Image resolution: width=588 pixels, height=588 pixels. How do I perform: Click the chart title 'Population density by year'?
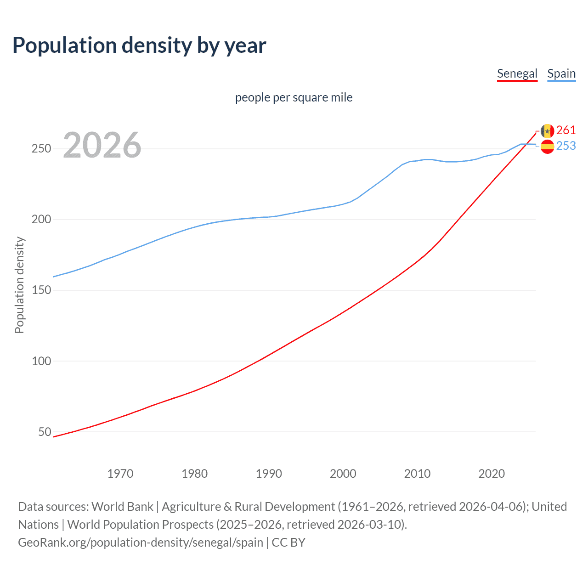[139, 45]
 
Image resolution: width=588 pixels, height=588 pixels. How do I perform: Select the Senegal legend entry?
[517, 73]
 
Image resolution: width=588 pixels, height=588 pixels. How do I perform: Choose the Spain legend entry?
[561, 73]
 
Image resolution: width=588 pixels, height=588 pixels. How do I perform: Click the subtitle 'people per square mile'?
[294, 97]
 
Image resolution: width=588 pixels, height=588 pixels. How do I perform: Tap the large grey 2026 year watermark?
[102, 145]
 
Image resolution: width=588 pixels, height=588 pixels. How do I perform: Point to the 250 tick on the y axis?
[41, 149]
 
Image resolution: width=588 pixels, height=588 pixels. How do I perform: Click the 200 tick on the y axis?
[41, 220]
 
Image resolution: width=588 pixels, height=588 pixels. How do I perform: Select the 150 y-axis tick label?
[41, 290]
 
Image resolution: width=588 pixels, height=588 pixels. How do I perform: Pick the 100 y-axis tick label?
[41, 361]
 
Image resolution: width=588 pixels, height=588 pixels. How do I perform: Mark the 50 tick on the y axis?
[45, 432]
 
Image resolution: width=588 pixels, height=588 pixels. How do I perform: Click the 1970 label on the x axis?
[120, 474]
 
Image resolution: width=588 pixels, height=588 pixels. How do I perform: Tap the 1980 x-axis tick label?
[194, 474]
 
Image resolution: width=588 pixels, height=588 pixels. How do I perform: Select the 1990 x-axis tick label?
[269, 474]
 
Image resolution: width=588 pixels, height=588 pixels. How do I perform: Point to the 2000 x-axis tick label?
[343, 474]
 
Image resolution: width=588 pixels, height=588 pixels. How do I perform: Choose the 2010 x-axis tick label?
[417, 474]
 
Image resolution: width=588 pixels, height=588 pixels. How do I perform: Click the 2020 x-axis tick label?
[492, 474]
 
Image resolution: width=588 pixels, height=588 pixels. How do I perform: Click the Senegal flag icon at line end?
[547, 131]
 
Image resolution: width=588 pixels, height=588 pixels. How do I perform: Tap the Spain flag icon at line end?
[547, 147]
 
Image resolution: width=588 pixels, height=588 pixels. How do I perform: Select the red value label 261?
[566, 130]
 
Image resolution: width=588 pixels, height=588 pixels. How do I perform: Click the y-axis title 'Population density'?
[19, 285]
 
